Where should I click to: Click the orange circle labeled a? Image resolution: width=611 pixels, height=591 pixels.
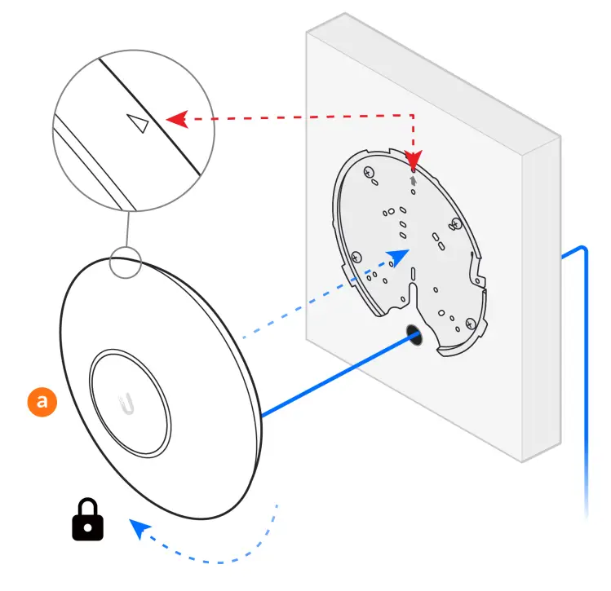pyautogui.click(x=42, y=402)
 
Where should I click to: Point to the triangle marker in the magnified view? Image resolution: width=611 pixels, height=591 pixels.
pyautogui.click(x=138, y=123)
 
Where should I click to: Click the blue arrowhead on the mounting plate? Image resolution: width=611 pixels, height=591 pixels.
pyautogui.click(x=399, y=258)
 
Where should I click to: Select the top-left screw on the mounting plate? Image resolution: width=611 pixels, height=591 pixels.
pyautogui.click(x=368, y=173)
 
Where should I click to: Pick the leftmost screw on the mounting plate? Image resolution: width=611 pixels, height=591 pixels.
pyautogui.click(x=356, y=256)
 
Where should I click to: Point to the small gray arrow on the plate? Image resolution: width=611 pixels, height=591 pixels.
pyautogui.click(x=415, y=180)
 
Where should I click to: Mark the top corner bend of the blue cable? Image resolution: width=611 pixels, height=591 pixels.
pyautogui.click(x=583, y=246)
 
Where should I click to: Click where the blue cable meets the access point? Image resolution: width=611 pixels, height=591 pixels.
pyautogui.click(x=263, y=416)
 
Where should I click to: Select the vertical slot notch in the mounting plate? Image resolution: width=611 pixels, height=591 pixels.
pyautogui.click(x=413, y=290)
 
